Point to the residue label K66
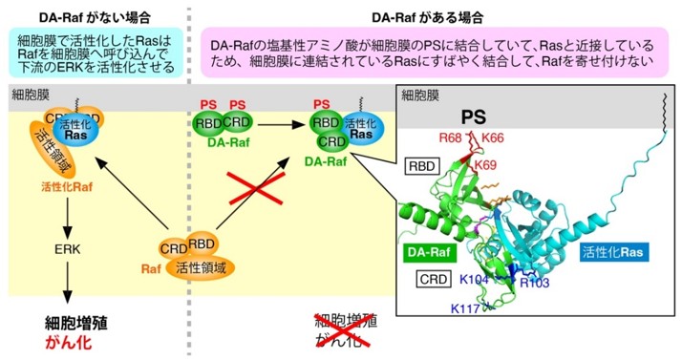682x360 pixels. tap(493, 139)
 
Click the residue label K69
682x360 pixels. tap(486, 165)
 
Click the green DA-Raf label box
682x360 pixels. tap(430, 253)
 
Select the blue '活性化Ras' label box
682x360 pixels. tap(615, 253)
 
